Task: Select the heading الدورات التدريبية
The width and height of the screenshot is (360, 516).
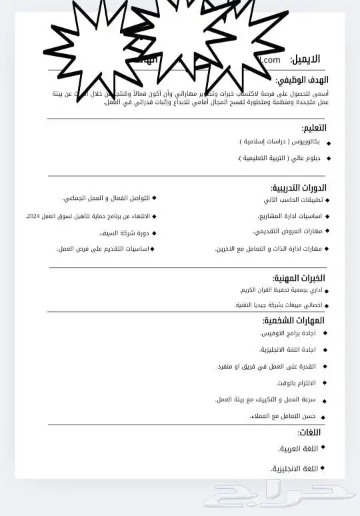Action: (x=299, y=187)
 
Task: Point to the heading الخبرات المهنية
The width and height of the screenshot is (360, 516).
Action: (x=299, y=277)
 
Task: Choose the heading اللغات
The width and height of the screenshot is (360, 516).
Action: (x=309, y=432)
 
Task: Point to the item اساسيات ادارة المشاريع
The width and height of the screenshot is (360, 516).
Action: (x=290, y=216)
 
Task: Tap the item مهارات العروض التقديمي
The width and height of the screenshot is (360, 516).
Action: (x=287, y=231)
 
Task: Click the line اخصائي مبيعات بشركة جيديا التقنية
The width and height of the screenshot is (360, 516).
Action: (x=278, y=305)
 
